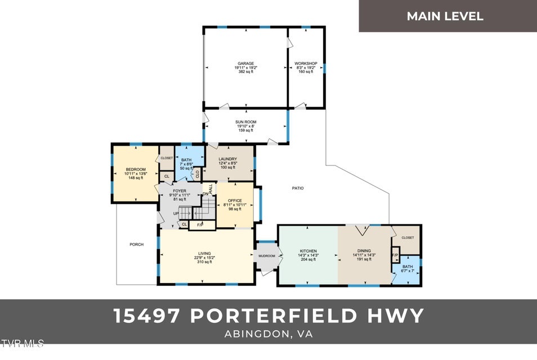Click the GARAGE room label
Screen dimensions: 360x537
pos(245,64)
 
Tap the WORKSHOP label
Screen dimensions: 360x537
pos(306,64)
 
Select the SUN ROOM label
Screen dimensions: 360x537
pos(245,122)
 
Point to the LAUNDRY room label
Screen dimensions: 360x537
pos(227,159)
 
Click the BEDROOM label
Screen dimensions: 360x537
pos(136,170)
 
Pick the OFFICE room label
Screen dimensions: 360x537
pos(235,201)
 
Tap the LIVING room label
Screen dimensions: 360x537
pos(204,253)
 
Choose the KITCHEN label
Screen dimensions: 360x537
pos(308,251)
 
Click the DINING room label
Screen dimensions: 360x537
pos(364,251)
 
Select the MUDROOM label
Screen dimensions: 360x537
pos(267,256)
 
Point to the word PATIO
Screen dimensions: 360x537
pos(298,188)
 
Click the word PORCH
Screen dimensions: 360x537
pos(136,245)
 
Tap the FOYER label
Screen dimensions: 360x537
pos(180,191)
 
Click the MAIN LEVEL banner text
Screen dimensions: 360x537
pos(445,16)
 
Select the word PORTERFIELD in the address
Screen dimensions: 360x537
pos(274,316)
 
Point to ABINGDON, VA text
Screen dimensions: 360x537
pos(268,334)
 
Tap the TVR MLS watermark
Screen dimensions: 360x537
pos(23,343)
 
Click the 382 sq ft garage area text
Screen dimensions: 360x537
pos(245,72)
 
